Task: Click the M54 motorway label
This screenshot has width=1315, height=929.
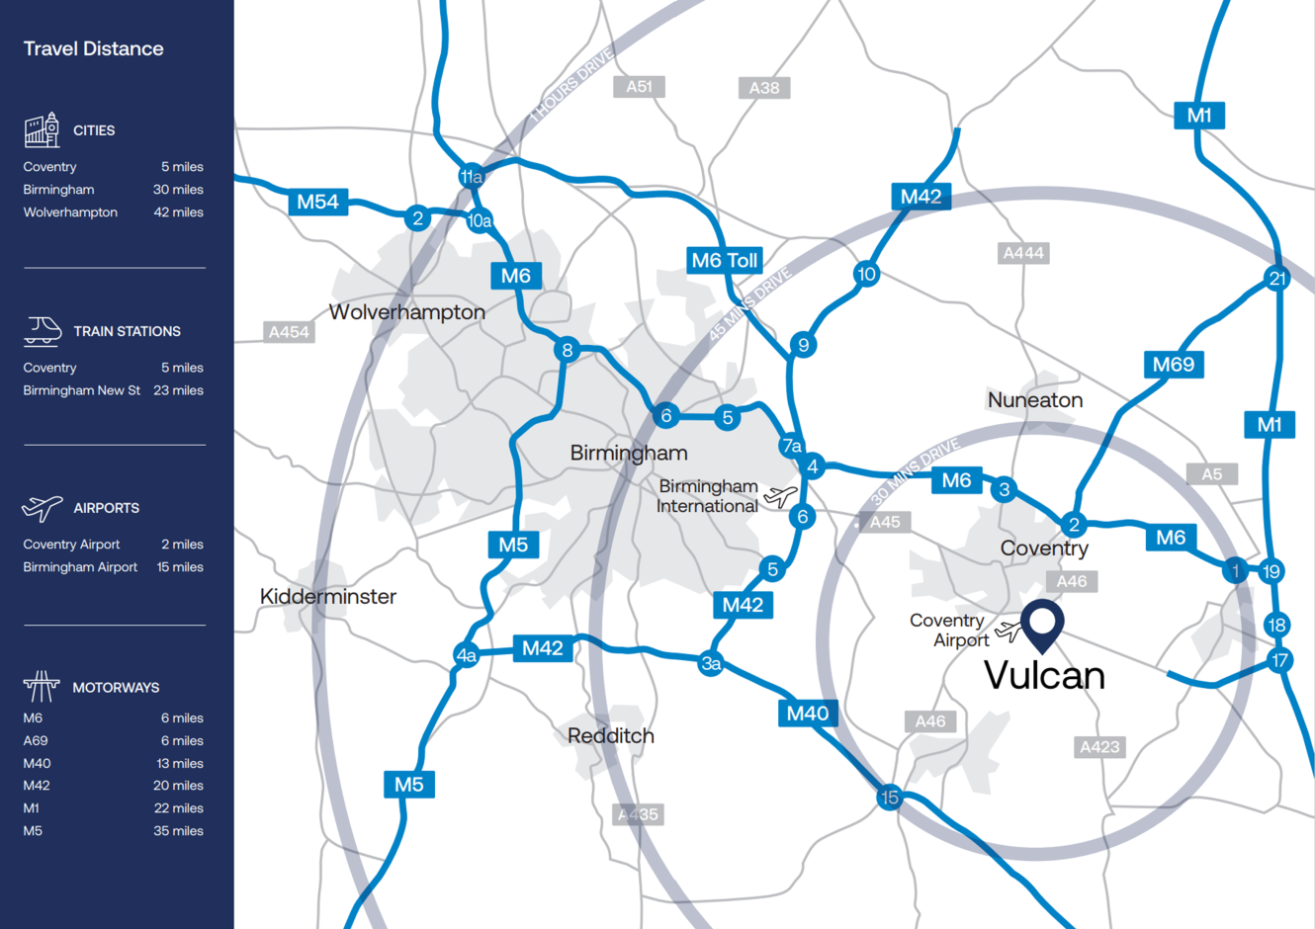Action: [x=317, y=203]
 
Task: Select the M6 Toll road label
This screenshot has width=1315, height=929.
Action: [x=725, y=261]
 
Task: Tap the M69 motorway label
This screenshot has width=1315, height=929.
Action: [x=1174, y=365]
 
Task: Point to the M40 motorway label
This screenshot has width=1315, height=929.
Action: [x=808, y=714]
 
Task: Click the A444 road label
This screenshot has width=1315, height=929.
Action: [x=1023, y=253]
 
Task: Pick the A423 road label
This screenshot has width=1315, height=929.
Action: [x=1099, y=747]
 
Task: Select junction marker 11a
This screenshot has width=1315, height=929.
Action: [x=472, y=177]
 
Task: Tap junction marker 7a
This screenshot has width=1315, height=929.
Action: [x=791, y=446]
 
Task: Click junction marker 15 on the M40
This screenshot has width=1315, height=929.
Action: [x=889, y=798]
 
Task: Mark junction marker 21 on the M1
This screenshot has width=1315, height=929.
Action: [x=1277, y=279]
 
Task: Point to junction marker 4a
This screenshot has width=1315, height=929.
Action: [x=466, y=655]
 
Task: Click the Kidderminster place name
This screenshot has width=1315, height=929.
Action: [x=328, y=597]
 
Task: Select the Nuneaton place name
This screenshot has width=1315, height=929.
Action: [x=1035, y=400]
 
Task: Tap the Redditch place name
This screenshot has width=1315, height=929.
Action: [x=611, y=736]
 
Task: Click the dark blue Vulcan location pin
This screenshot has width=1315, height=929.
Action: [x=1042, y=624]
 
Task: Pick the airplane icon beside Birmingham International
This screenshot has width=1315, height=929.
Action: [x=780, y=496]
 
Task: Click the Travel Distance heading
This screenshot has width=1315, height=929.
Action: [x=94, y=48]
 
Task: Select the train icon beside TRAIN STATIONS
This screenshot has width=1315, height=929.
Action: [x=43, y=331]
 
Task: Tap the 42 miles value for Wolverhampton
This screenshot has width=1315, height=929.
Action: [x=178, y=212]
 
